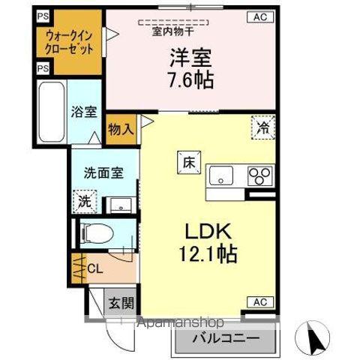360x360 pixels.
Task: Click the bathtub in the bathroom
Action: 51,112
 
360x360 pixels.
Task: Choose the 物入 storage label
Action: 121,128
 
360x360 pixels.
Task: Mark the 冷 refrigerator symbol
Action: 262,128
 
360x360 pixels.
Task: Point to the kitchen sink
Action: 222,176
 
